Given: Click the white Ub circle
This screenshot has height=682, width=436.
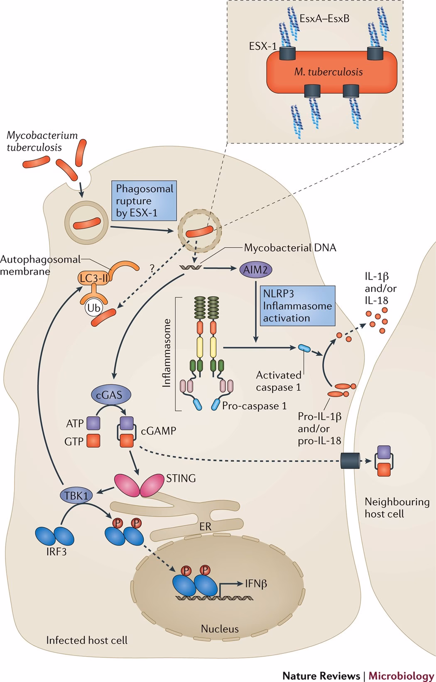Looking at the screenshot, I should (93, 308).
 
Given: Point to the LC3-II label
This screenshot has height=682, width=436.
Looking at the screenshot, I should (94, 278).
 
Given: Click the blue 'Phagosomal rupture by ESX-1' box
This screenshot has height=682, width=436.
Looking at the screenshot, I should (144, 201).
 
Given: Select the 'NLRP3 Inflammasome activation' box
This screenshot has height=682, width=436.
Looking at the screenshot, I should (297, 305).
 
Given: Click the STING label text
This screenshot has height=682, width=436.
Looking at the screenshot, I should (181, 478).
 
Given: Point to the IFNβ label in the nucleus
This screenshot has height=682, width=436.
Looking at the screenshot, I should (256, 584).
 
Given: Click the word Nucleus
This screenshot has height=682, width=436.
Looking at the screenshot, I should (220, 628).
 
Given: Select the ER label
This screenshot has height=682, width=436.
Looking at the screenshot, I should (205, 527).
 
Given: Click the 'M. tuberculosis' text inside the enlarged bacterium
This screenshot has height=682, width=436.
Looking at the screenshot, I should (328, 72).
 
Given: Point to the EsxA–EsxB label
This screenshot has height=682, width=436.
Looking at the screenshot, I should (324, 19).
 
